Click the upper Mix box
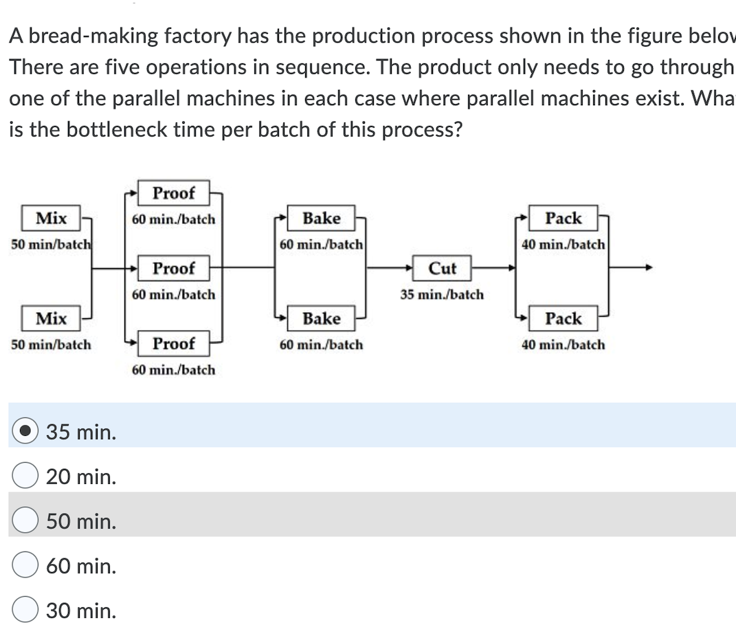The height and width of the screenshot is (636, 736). click(x=52, y=219)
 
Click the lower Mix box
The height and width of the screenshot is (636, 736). click(x=52, y=319)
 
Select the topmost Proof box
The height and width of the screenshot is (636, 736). click(x=173, y=193)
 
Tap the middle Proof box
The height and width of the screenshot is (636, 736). click(x=173, y=268)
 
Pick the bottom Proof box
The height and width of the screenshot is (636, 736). click(x=173, y=343)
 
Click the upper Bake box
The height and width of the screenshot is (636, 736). click(x=322, y=219)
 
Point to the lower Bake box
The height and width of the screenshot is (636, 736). click(x=322, y=319)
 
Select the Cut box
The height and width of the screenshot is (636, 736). click(x=443, y=268)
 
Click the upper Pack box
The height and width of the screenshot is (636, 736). click(x=564, y=219)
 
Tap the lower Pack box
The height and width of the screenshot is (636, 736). click(x=564, y=319)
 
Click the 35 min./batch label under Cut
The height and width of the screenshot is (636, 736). click(x=442, y=295)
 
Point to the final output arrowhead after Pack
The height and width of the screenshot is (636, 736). click(x=647, y=268)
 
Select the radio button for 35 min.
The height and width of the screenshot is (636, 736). click(x=25, y=432)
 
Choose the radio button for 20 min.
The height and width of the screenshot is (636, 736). click(x=25, y=476)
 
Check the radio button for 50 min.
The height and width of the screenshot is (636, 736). click(x=25, y=522)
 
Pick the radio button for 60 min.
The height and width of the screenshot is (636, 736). click(x=25, y=566)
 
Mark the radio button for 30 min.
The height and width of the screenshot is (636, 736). click(x=25, y=611)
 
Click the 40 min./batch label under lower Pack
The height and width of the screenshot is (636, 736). click(x=564, y=345)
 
